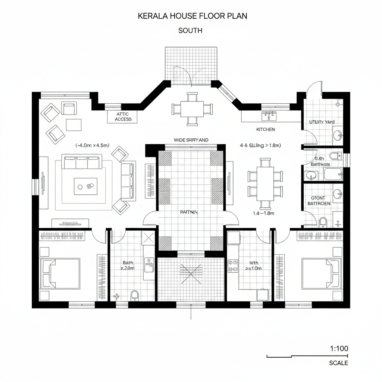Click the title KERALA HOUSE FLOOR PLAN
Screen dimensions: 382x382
192,16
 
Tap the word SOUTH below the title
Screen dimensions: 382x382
190,31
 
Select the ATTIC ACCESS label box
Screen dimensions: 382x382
123,117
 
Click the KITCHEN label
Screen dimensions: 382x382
266,129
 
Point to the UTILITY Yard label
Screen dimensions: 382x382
322,122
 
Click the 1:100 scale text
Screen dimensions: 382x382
339,348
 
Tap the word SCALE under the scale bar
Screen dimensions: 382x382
338,363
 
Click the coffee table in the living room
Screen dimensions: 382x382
85,186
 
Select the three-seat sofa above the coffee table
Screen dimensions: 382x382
82,163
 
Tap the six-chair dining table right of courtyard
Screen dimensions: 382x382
265,183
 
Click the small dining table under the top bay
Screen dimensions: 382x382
192,109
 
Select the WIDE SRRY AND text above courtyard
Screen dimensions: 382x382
191,140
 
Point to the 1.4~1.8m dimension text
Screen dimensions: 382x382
263,213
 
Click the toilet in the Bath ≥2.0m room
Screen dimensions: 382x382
135,295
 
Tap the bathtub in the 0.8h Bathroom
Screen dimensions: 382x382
332,174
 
